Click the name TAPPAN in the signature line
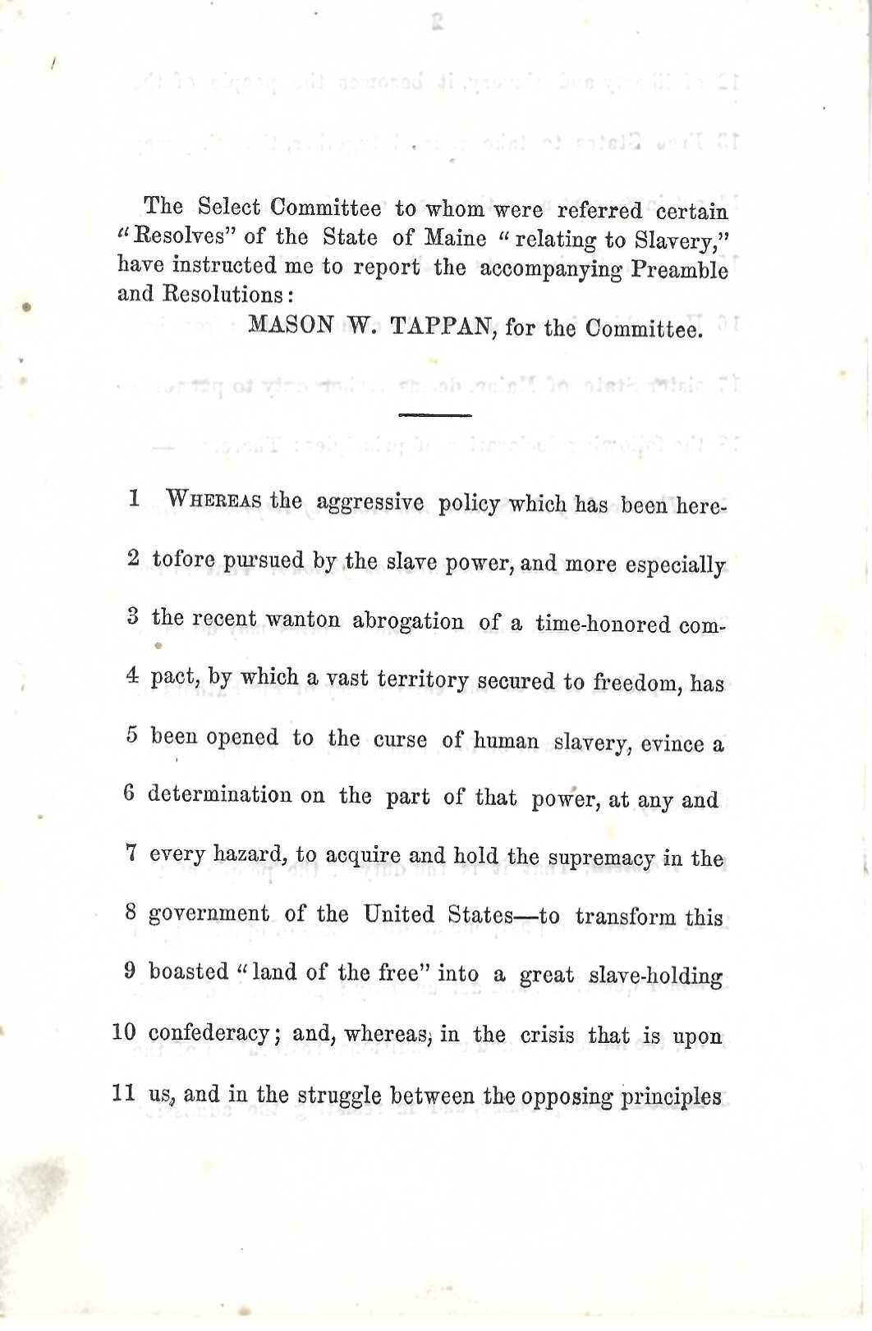439,327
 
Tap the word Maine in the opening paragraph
456,238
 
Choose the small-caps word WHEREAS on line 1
213,500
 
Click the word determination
220,795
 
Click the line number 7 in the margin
131,853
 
